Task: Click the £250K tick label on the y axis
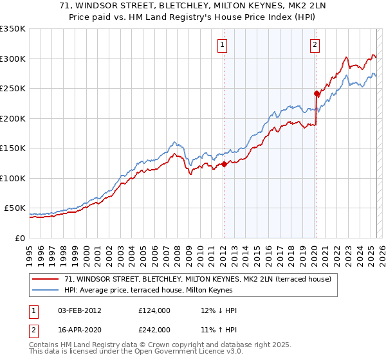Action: (13, 89)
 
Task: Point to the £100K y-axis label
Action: (13, 178)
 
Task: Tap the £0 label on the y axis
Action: (20, 238)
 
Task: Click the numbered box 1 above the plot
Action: (222, 44)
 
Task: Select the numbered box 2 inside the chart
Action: (315, 44)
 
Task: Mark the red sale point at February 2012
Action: (224, 164)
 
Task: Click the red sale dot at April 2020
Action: (317, 93)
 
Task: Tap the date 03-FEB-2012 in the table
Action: (77, 310)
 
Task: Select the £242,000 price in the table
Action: (154, 329)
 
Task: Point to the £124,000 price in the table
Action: (154, 310)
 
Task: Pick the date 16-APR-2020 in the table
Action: (77, 329)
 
